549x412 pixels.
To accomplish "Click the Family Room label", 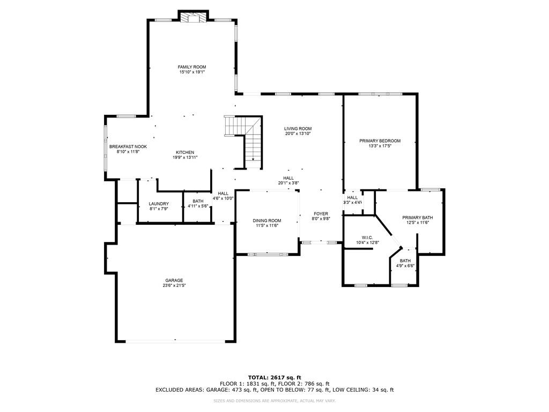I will point(192,67).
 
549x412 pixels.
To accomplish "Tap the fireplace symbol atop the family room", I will point(192,18).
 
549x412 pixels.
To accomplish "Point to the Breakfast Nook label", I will point(128,146).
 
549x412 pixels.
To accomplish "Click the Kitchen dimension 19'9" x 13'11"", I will point(185,158).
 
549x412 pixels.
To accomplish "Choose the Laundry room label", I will point(159,204).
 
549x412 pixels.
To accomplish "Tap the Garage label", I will point(174,281).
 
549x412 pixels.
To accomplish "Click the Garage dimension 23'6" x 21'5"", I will point(174,286).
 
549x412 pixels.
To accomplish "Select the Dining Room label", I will point(267,220).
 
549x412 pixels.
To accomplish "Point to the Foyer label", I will point(321,214).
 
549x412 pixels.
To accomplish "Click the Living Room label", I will point(298,129).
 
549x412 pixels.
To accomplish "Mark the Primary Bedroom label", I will point(380,141).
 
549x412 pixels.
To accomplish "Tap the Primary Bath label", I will point(418,217).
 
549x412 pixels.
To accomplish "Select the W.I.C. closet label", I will point(367,237).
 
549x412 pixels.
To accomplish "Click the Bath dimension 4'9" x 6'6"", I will point(405,266).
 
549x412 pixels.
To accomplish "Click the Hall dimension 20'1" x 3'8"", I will point(288,183).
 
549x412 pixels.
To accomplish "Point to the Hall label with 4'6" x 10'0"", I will point(223,194).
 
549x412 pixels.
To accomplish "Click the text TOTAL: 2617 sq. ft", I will point(274,378).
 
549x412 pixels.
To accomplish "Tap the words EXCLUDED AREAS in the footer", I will point(180,390).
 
